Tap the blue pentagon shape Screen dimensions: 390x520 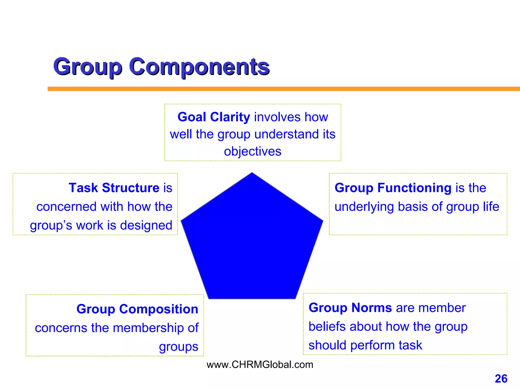pyautogui.click(x=252, y=241)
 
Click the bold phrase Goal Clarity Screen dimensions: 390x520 pyautogui.click(x=214, y=117)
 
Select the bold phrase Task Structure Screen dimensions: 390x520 pyautogui.click(x=114, y=188)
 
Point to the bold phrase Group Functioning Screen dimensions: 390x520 pyautogui.click(x=393, y=188)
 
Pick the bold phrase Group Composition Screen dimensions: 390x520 pyautogui.click(x=137, y=309)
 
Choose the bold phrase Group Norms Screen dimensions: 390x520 pyautogui.click(x=350, y=308)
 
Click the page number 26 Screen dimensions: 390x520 pyautogui.click(x=501, y=379)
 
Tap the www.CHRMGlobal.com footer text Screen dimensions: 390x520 pyautogui.click(x=260, y=365)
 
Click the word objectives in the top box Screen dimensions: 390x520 pyautogui.click(x=252, y=152)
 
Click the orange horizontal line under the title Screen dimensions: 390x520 pyautogui.click(x=279, y=89)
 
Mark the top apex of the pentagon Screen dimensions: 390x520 pyautogui.click(x=252, y=173)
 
